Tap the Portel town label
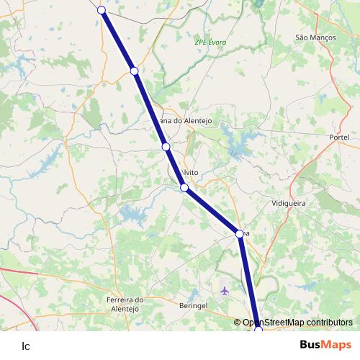[x=338, y=137]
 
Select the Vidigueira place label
[x=289, y=204]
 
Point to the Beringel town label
[x=192, y=305]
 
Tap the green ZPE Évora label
[x=210, y=42]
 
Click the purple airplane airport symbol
[x=225, y=291]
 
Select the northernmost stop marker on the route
[x=102, y=9]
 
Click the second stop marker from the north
[x=135, y=71]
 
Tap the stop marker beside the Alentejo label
[x=166, y=147]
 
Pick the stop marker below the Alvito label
[x=184, y=188]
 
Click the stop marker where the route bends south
[x=240, y=233]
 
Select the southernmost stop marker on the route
[x=258, y=330]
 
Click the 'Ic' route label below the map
[x=26, y=346]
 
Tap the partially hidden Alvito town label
[x=190, y=173]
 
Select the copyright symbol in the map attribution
[x=247, y=323]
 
